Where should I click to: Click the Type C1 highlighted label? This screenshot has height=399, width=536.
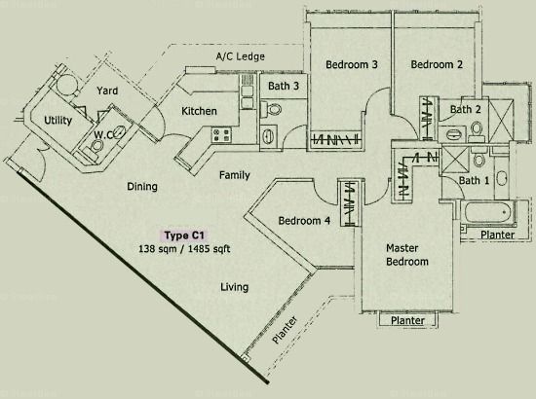(x=184, y=236)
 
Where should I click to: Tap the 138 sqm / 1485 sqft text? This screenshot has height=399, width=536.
(x=184, y=249)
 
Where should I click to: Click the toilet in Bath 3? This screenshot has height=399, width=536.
(x=271, y=109)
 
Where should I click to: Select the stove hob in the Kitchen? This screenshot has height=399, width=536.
(x=221, y=134)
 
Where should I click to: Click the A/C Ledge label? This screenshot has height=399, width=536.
(x=241, y=56)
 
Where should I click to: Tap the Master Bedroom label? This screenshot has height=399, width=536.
(x=406, y=255)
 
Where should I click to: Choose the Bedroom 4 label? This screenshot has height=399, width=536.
(x=304, y=221)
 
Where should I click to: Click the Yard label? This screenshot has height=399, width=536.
(x=107, y=91)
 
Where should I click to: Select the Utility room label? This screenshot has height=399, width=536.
(x=58, y=121)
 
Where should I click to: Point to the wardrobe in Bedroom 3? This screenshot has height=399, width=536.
(x=335, y=140)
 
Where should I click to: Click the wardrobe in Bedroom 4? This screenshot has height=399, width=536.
(x=349, y=203)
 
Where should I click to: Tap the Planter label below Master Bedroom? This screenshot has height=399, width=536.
(x=407, y=320)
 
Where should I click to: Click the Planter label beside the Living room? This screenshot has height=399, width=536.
(x=284, y=330)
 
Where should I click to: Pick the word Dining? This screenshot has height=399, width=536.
(x=142, y=187)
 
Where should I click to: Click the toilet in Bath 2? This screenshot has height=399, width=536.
(x=477, y=130)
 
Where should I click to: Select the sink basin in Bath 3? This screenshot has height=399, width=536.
(x=268, y=136)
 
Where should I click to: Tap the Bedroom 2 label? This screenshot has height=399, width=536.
(x=437, y=64)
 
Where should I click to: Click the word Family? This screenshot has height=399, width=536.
(x=235, y=175)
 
